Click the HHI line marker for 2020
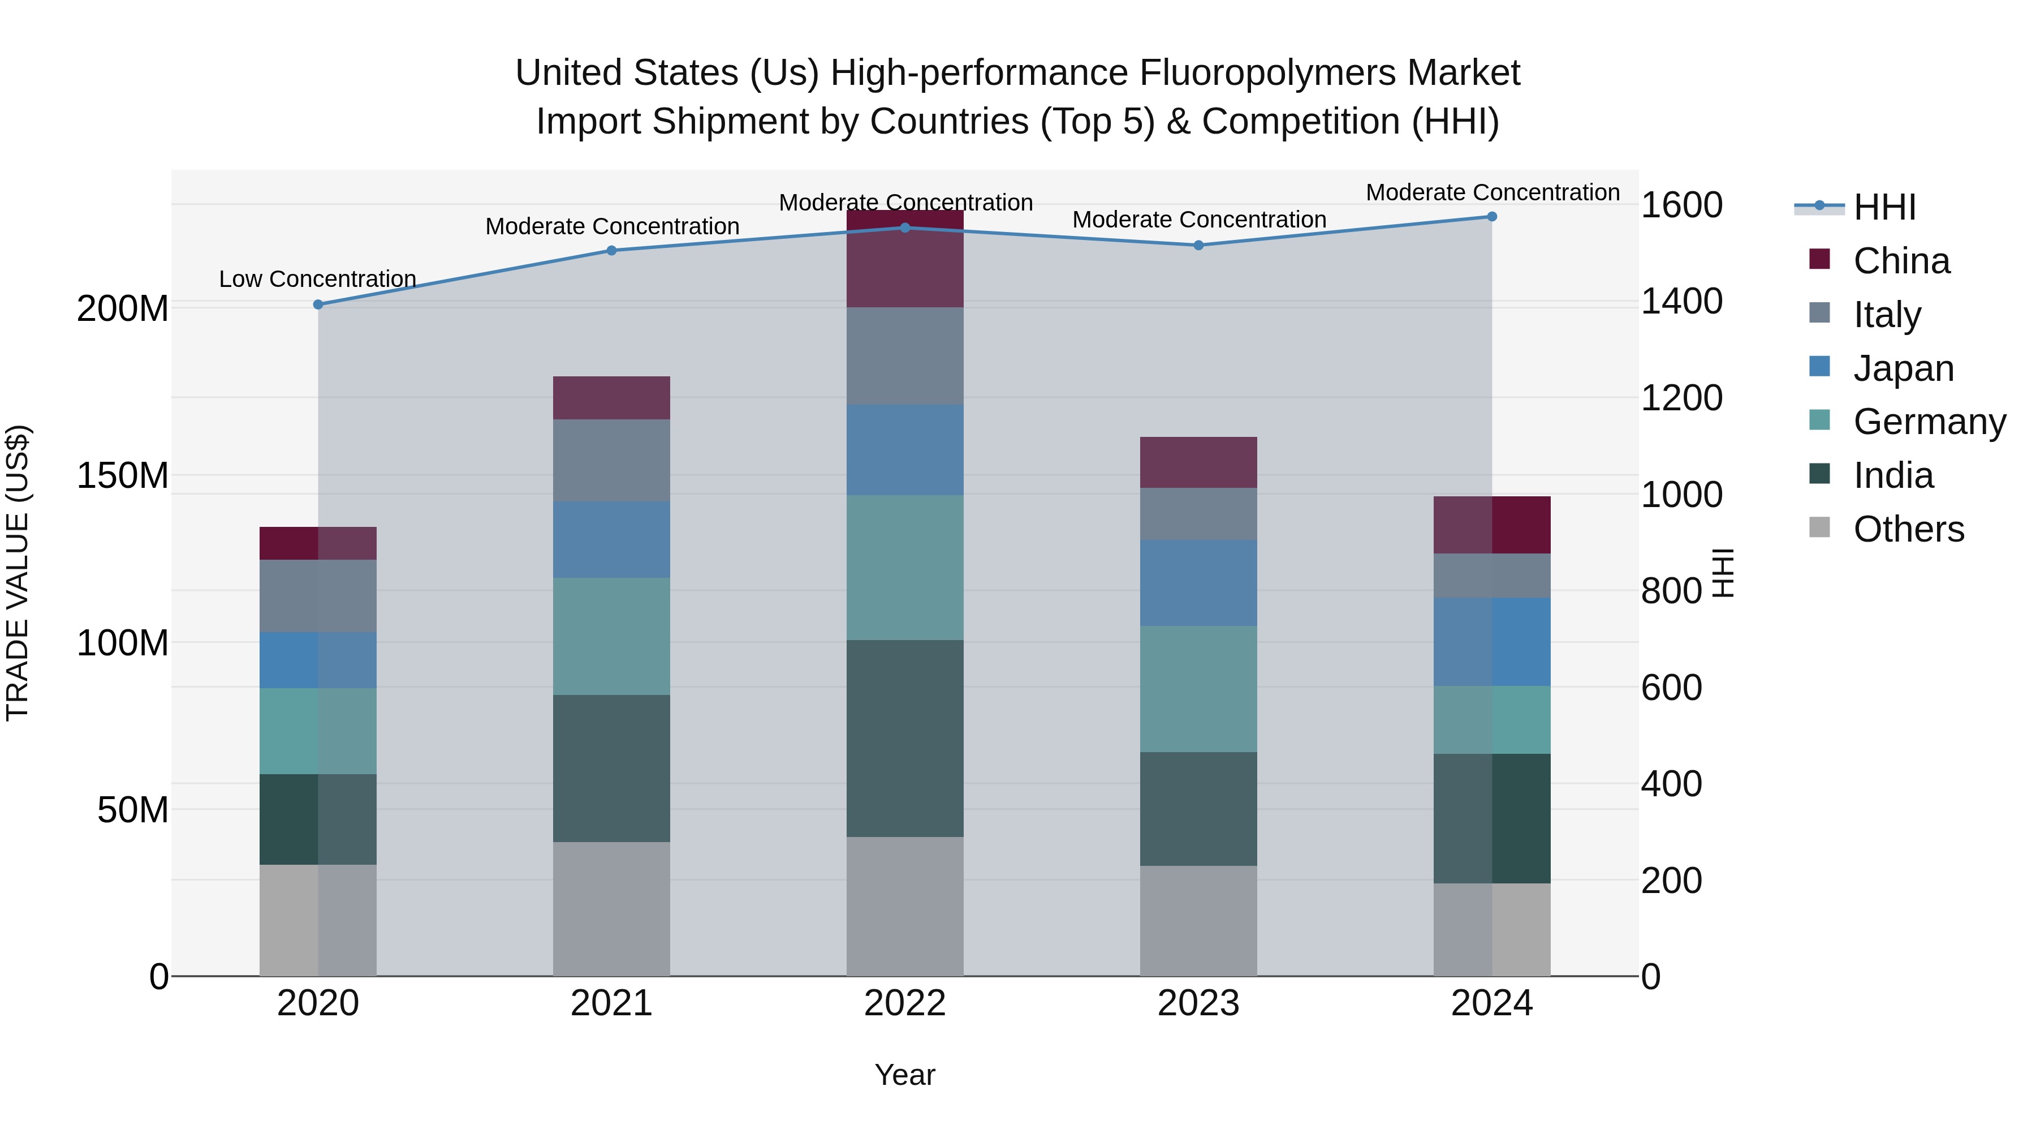coord(318,304)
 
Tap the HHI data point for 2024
coord(1491,217)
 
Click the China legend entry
coord(1901,261)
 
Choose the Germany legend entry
coord(1929,422)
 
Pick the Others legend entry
coord(1908,529)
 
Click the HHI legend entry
coord(1884,207)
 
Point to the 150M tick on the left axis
coord(123,475)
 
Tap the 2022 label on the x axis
coord(905,1003)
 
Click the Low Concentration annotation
coord(318,279)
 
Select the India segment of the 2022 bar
coord(905,738)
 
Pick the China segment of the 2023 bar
coord(1198,462)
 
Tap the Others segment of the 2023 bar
coord(1198,921)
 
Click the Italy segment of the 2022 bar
coord(905,356)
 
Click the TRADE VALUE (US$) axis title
coord(18,573)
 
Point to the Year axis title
coord(905,1075)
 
